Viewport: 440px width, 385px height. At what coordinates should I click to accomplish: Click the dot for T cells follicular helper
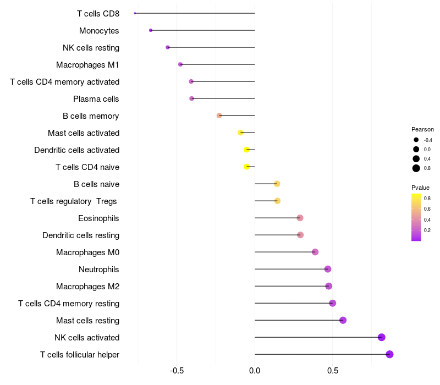coord(389,354)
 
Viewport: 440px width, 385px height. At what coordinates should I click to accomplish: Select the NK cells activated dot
coord(382,337)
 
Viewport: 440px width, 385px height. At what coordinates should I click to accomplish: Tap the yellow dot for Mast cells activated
coord(240,133)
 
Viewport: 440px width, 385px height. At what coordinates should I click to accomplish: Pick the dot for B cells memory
coord(219,116)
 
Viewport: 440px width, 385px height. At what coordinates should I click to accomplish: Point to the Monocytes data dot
coord(151,30)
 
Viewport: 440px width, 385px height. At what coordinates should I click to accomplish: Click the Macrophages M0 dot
coord(315,252)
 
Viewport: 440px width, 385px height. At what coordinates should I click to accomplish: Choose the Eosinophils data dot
coord(300,218)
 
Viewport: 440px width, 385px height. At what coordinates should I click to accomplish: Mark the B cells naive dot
coord(277,184)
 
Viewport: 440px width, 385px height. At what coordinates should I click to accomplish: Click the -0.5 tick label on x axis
coord(177,371)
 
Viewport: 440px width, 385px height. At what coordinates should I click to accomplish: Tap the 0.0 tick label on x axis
coord(255,371)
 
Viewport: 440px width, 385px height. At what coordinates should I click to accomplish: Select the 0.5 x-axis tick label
coord(332,371)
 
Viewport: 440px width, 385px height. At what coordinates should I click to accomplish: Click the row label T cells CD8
coord(98,13)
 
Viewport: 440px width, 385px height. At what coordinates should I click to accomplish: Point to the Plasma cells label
coord(96,99)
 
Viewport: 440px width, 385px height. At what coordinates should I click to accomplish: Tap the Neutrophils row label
coord(99,269)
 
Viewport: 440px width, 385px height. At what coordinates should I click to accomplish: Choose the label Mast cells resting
coord(87,321)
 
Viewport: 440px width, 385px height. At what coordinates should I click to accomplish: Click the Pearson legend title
coord(422,129)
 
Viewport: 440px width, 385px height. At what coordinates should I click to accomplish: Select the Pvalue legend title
coord(420,188)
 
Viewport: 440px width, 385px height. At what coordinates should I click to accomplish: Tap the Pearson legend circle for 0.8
coord(416,168)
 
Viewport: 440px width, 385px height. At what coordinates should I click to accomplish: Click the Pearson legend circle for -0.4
coord(416,140)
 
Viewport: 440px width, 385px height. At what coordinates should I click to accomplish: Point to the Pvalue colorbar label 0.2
coord(427,230)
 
